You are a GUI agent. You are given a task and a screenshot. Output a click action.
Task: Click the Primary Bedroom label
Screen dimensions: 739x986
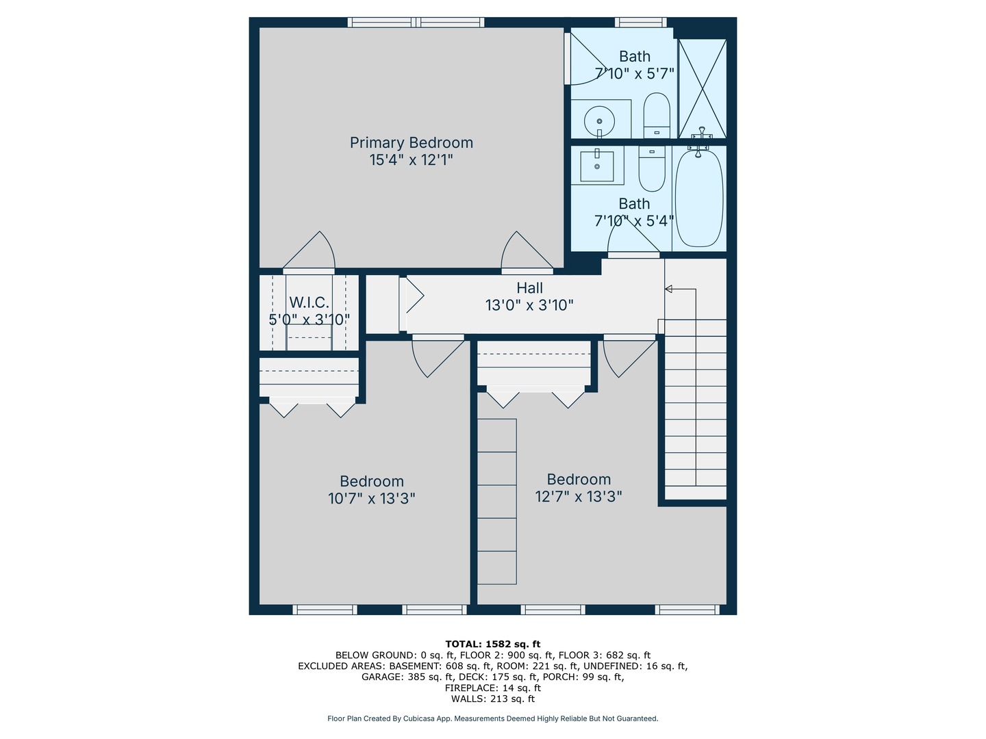coord(411,142)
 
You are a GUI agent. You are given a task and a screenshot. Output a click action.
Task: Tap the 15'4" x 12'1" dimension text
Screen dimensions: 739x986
coord(411,160)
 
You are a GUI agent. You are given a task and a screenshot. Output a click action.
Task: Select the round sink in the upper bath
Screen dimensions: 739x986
coord(599,121)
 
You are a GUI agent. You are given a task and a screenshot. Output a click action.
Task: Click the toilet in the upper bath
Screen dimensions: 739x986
coord(657,114)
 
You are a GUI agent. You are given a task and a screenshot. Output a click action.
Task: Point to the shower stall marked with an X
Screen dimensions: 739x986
coord(702,88)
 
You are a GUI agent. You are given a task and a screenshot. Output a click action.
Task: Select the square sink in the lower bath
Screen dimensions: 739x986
coord(597,166)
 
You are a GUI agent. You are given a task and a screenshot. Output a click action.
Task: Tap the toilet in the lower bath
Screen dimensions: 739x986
coord(652,168)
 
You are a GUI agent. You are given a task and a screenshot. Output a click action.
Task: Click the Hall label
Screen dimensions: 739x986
coord(529,288)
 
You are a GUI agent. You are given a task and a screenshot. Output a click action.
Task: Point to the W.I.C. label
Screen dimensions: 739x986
coord(309,302)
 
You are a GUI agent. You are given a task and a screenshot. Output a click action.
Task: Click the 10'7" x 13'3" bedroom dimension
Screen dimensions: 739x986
coord(371,499)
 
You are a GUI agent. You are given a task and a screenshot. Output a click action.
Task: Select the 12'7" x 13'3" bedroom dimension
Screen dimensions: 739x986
coord(579,497)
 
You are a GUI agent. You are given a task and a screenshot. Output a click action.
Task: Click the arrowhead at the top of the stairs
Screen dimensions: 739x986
coord(668,289)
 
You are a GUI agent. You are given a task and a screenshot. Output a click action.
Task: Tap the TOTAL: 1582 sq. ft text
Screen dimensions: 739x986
coord(492,644)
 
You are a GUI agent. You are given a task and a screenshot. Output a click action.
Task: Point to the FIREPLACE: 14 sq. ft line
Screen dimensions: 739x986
coord(492,688)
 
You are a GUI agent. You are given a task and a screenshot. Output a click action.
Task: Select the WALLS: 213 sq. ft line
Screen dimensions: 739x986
coord(492,699)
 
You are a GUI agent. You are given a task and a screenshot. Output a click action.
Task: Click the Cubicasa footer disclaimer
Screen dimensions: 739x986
coord(492,718)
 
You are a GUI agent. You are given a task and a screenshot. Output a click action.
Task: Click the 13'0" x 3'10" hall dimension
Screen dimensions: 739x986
coord(529,305)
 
